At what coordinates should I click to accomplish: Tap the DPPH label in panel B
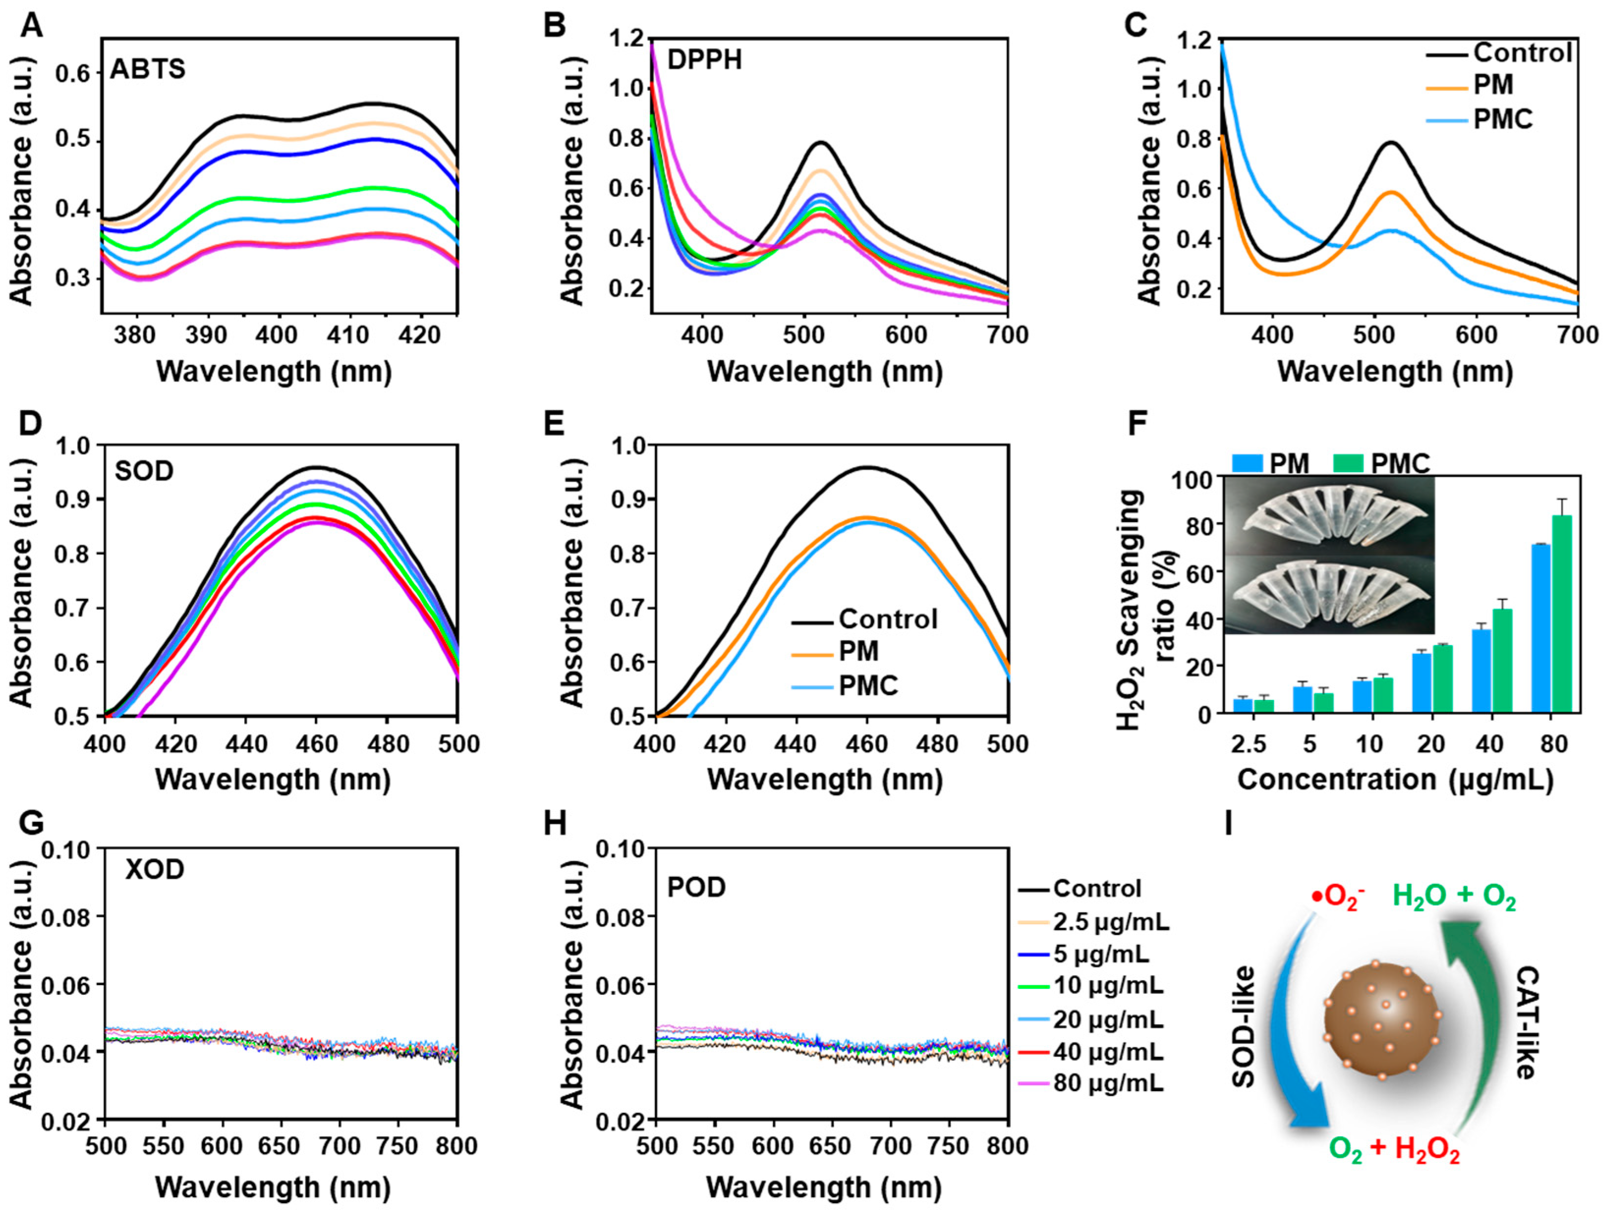[x=704, y=59]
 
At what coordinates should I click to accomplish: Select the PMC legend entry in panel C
[x=1502, y=118]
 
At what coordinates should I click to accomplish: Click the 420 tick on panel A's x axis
[x=423, y=336]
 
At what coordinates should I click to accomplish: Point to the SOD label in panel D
[x=144, y=471]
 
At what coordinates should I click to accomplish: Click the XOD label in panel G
[x=155, y=869]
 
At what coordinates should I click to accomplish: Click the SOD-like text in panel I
[x=1244, y=1026]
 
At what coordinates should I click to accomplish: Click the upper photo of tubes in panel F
[x=1328, y=515]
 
